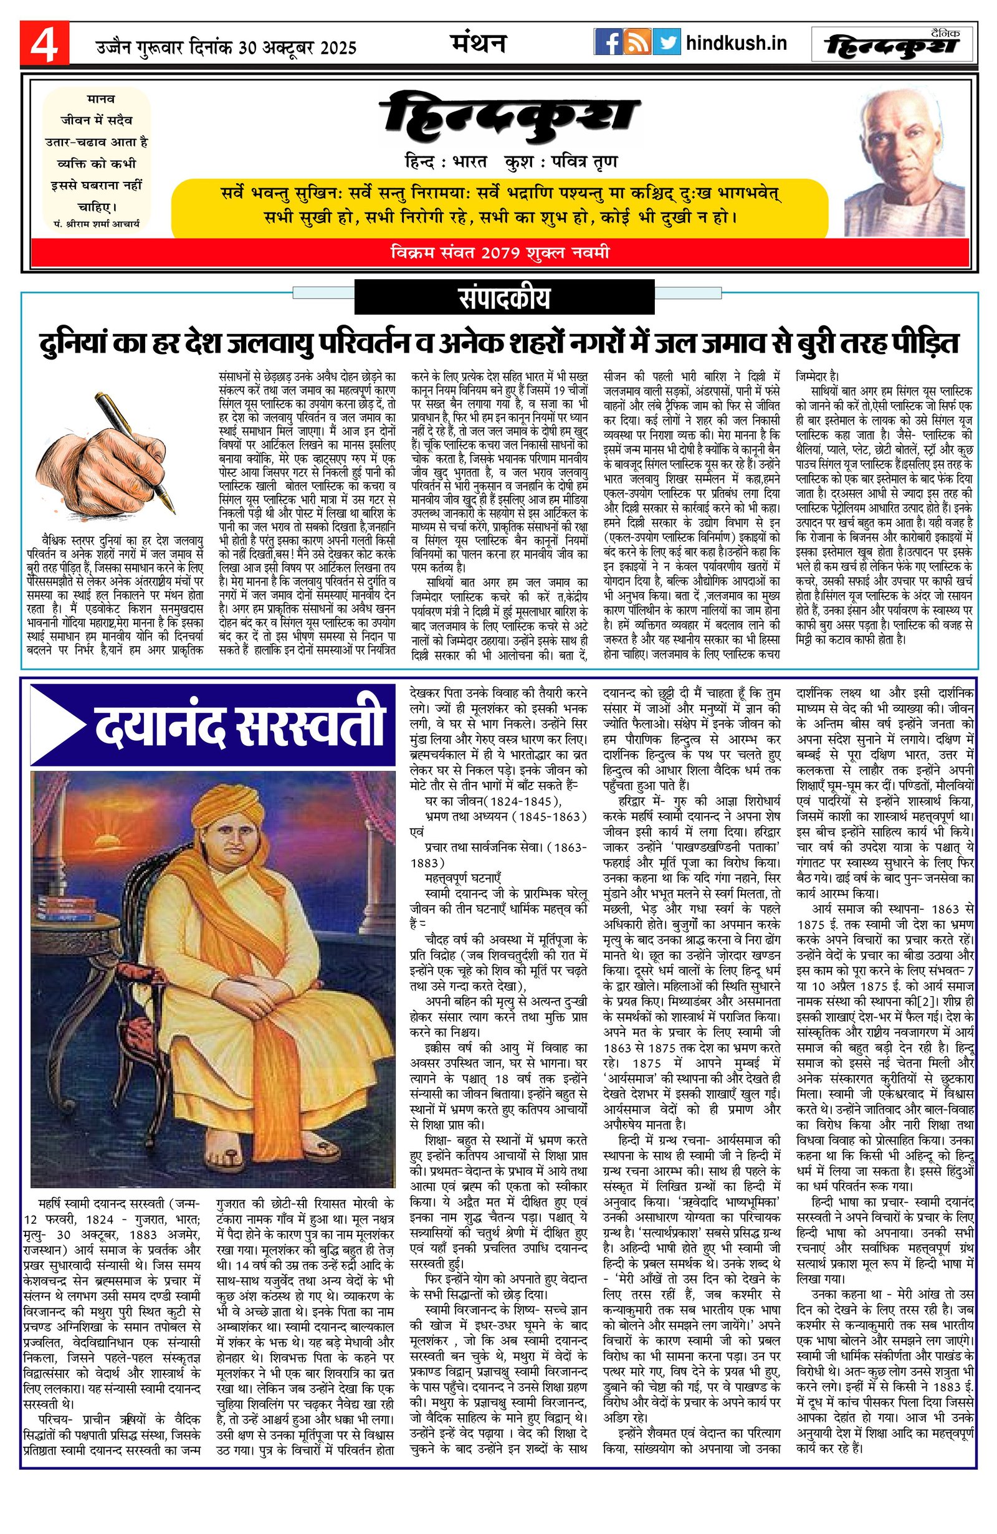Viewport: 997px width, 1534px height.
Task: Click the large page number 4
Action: tap(44, 44)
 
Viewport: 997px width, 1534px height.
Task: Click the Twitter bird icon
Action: tap(666, 42)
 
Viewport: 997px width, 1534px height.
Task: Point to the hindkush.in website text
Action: tap(736, 43)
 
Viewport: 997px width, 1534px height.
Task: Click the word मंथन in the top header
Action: tap(477, 42)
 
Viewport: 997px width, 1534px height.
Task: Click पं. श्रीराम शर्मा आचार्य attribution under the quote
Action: tap(97, 223)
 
